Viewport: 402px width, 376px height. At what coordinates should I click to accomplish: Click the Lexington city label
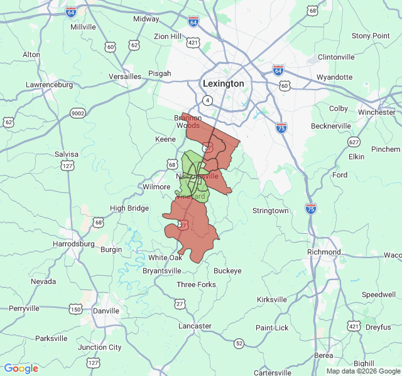click(223, 83)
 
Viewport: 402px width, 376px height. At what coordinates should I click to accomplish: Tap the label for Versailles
click(125, 76)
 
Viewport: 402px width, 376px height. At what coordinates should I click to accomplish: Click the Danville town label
click(106, 310)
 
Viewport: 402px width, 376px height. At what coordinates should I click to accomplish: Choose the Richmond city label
click(323, 252)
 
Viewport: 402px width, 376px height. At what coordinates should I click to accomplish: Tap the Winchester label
click(377, 113)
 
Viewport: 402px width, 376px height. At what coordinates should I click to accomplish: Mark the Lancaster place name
click(195, 326)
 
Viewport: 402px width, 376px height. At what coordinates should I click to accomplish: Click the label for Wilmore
click(156, 187)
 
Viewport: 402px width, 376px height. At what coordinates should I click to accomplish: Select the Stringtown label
click(271, 211)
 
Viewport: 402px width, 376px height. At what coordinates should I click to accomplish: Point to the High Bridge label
click(129, 208)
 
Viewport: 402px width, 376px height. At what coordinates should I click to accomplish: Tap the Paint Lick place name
click(272, 328)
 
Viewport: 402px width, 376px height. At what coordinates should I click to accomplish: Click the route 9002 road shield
click(77, 113)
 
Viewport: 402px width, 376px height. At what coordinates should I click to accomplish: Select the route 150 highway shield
click(75, 309)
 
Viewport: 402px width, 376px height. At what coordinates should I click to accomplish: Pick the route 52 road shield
click(239, 343)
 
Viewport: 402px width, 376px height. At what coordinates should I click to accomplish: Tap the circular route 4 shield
click(207, 100)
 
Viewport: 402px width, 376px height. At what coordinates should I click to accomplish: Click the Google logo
click(21, 368)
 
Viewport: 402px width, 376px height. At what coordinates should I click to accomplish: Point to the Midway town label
click(146, 19)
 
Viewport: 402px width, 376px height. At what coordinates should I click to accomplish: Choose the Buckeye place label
click(227, 271)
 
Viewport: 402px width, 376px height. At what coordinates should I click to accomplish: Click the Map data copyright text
click(362, 371)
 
